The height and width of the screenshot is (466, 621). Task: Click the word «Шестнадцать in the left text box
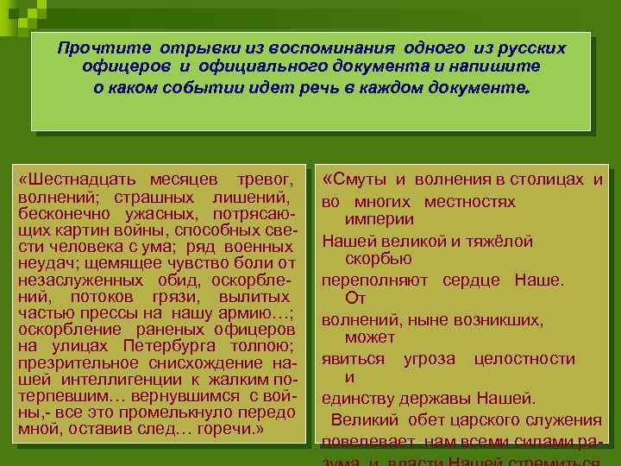67,180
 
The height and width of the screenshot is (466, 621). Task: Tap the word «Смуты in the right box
355,179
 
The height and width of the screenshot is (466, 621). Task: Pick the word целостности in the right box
524,358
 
